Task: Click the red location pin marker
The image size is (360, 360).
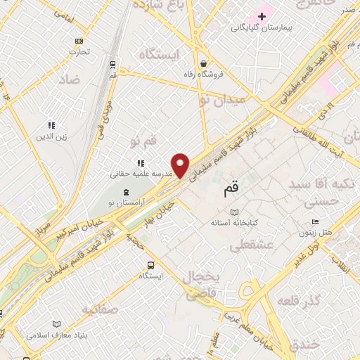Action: coord(181,165)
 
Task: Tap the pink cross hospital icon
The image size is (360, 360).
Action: coord(262,15)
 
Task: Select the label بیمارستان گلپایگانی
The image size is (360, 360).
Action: coord(262,28)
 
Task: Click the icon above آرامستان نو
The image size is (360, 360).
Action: coord(126,192)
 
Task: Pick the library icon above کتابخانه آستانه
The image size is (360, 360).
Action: coord(235,212)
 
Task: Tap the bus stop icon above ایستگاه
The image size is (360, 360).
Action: coord(150,265)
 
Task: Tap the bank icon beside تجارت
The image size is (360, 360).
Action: coord(79,41)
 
